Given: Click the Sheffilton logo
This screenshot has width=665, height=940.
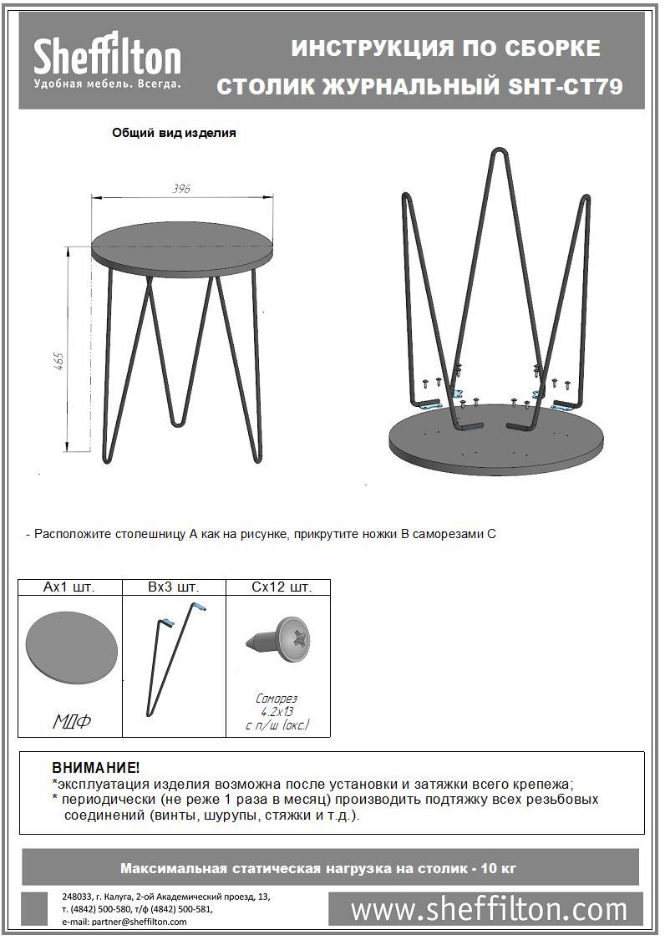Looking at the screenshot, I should tap(107, 58).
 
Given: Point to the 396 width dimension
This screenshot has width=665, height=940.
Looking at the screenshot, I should tap(181, 189).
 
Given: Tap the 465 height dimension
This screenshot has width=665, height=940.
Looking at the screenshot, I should tap(59, 362).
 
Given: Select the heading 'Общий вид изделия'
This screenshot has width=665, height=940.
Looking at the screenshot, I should tap(174, 132).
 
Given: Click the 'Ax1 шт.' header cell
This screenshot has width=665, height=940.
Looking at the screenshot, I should tap(69, 587).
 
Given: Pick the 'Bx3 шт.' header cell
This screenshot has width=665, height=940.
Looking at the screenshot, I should tap(174, 587).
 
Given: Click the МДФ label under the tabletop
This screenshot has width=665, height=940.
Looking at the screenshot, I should tap(71, 721).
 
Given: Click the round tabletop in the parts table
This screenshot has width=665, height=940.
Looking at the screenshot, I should tap(71, 648).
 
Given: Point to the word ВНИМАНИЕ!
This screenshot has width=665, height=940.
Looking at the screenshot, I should tap(95, 768).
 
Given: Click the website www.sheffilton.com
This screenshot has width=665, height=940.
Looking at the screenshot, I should tap(489, 909).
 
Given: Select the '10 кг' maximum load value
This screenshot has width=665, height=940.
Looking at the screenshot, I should tap(499, 868).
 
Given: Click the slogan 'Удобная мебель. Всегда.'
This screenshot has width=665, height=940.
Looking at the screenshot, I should tap(107, 84).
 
